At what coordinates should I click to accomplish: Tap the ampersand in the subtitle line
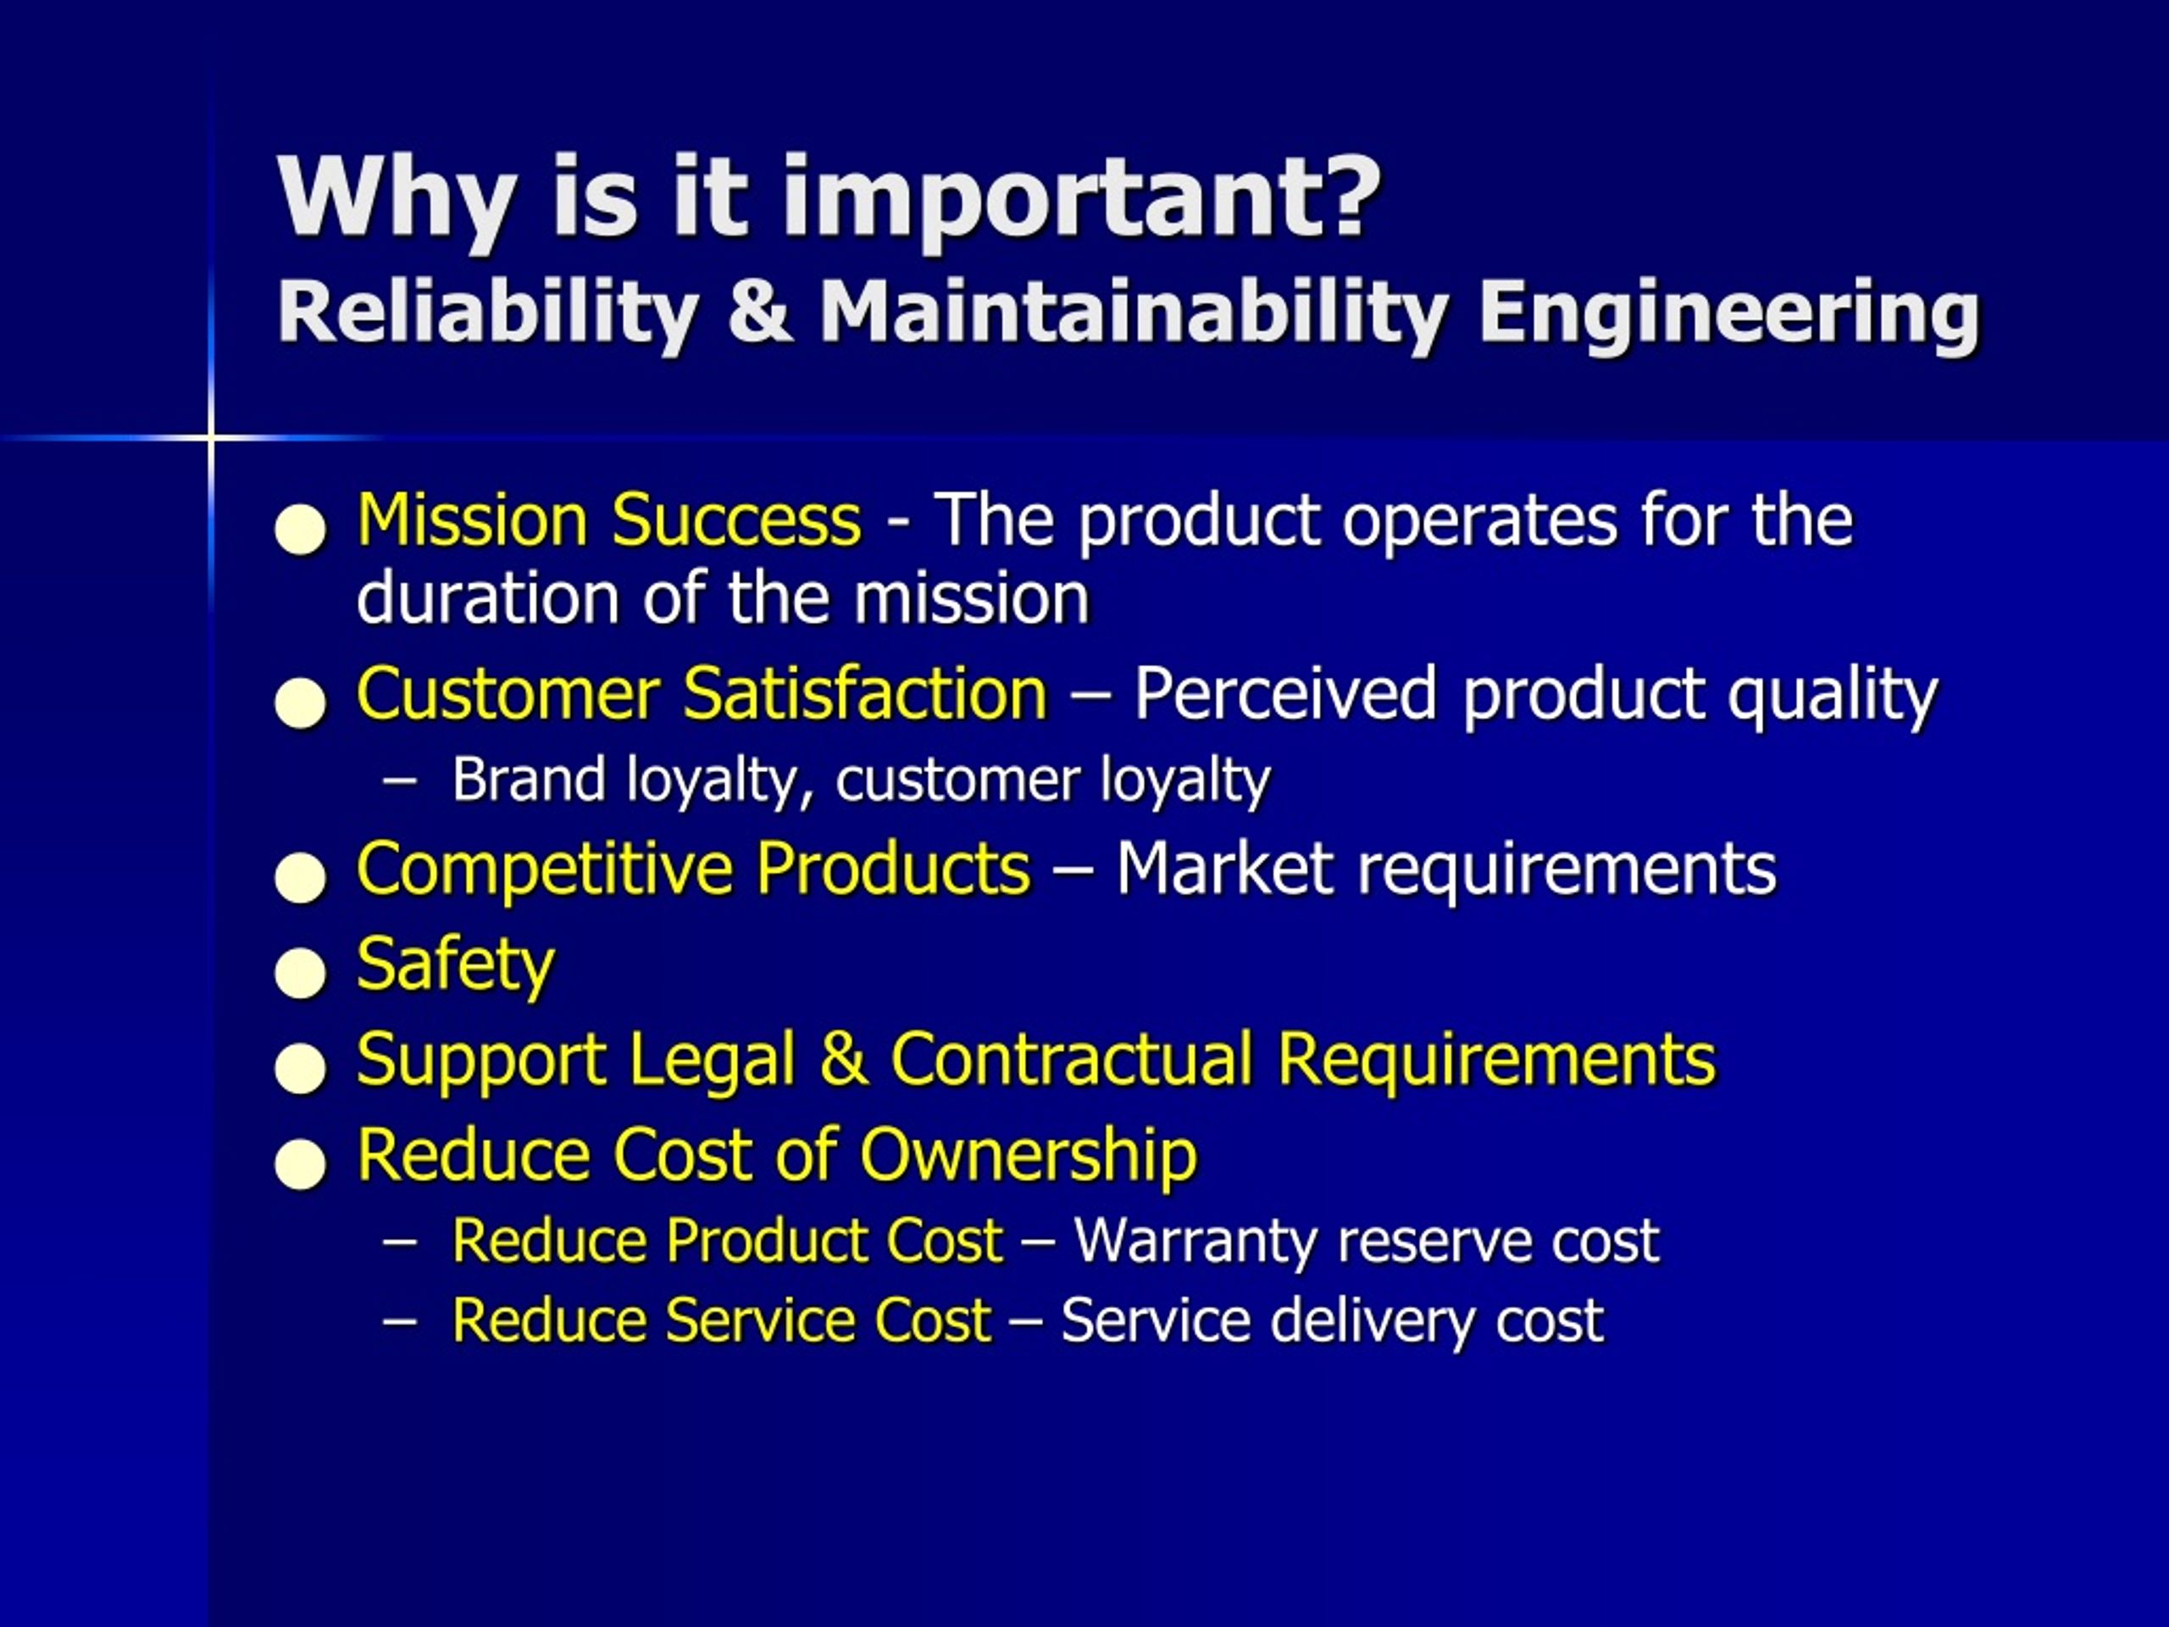[760, 312]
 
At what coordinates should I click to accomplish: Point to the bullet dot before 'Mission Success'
[300, 530]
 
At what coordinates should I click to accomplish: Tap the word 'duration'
[486, 598]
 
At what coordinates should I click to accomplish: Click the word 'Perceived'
[1285, 693]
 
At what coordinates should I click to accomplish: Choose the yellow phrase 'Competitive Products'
[693, 869]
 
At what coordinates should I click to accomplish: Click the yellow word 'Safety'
[455, 965]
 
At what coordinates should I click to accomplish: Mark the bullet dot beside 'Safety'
[300, 973]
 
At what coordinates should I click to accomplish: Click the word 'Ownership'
[1028, 1154]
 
